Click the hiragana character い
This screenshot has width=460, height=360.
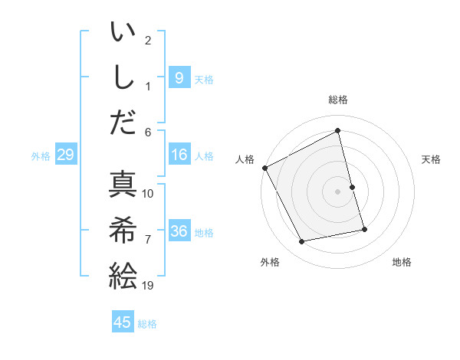click(x=123, y=34)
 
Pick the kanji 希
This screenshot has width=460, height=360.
click(x=123, y=229)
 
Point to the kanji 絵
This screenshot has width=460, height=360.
click(x=123, y=274)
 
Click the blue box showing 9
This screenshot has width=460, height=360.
click(x=179, y=77)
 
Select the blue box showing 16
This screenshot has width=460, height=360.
click(x=179, y=155)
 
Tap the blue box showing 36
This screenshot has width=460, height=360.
click(x=179, y=231)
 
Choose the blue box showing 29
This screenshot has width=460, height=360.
click(x=65, y=155)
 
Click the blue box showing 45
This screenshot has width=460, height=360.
click(x=123, y=322)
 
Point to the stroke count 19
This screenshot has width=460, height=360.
click(x=148, y=286)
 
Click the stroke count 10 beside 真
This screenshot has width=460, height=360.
click(x=148, y=193)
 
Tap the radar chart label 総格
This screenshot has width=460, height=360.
click(x=338, y=100)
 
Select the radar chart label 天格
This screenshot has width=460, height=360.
click(x=432, y=159)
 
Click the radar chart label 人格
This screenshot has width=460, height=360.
click(x=245, y=159)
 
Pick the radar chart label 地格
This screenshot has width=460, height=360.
click(x=402, y=262)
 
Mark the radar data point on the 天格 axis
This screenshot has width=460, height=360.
click(x=352, y=186)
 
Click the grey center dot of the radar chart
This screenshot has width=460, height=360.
click(x=338, y=191)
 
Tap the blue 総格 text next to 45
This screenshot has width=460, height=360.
click(x=148, y=324)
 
